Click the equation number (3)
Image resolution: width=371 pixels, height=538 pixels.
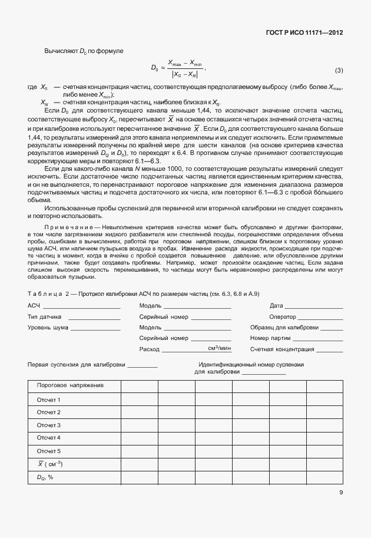pos(339,71)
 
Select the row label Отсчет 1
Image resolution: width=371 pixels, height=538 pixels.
pos(49,400)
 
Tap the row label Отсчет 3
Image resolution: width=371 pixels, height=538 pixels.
pos(49,425)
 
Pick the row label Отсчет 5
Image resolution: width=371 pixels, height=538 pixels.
pos(49,451)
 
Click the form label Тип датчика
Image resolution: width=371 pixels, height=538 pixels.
pos(45,317)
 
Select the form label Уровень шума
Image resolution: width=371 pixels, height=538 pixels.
pos(48,328)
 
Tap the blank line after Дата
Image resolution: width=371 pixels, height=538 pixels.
pos(314,308)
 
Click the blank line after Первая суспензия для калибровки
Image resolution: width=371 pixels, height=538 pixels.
pos(142,367)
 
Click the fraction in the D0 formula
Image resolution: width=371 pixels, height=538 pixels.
pos(184,68)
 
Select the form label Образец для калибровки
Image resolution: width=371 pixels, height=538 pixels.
pos(284,328)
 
